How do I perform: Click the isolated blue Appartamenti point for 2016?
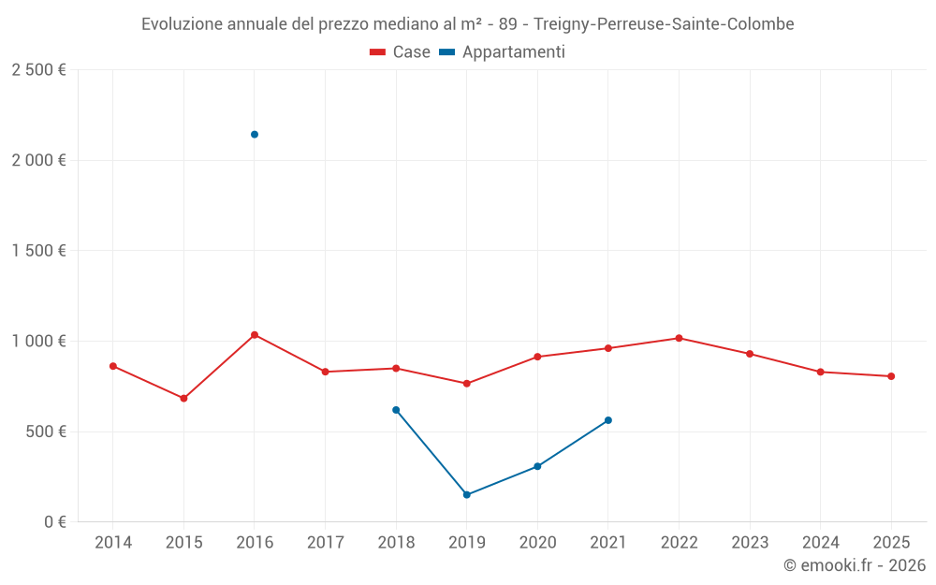tap(255, 135)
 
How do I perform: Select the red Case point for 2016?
tap(255, 335)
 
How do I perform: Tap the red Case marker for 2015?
tap(183, 399)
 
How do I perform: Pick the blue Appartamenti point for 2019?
tap(467, 495)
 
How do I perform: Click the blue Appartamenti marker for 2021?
tap(608, 420)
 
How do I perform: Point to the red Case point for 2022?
tap(679, 338)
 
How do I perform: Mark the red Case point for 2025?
tap(891, 376)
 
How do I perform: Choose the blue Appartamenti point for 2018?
tap(396, 410)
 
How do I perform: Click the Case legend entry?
tap(401, 52)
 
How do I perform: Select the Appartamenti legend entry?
tap(503, 52)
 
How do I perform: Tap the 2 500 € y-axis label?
tap(38, 70)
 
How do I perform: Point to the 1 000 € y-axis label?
tap(38, 342)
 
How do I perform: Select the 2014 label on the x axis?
tap(113, 543)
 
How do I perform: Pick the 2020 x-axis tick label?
tap(537, 543)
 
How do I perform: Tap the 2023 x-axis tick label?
tap(750, 543)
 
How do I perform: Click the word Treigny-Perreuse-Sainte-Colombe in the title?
tap(664, 24)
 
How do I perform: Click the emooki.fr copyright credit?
tap(854, 565)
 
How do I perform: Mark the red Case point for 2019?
tap(467, 384)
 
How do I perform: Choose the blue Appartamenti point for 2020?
tap(537, 466)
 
